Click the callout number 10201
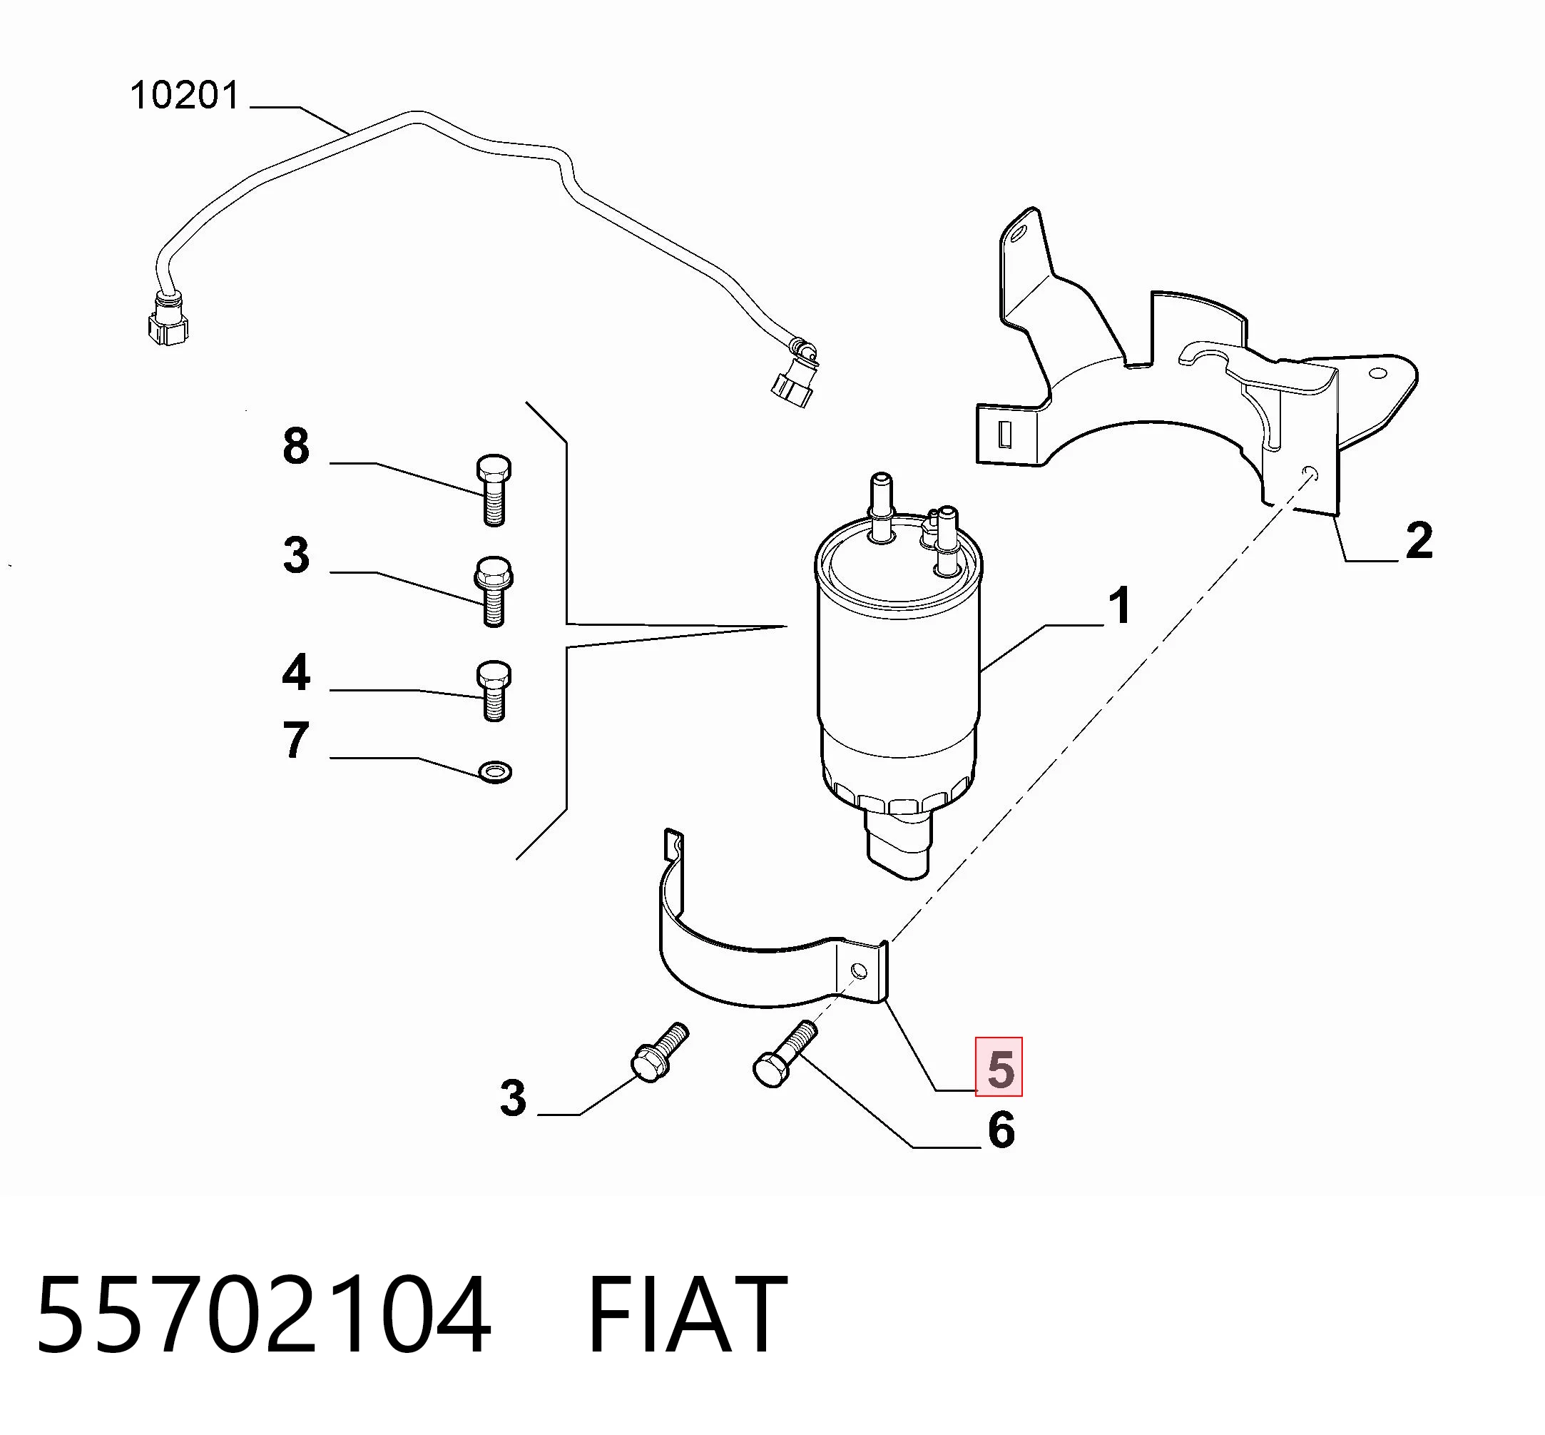click(185, 96)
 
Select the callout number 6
click(1001, 1130)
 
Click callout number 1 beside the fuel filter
click(1118, 606)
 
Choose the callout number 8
click(296, 447)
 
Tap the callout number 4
click(296, 672)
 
